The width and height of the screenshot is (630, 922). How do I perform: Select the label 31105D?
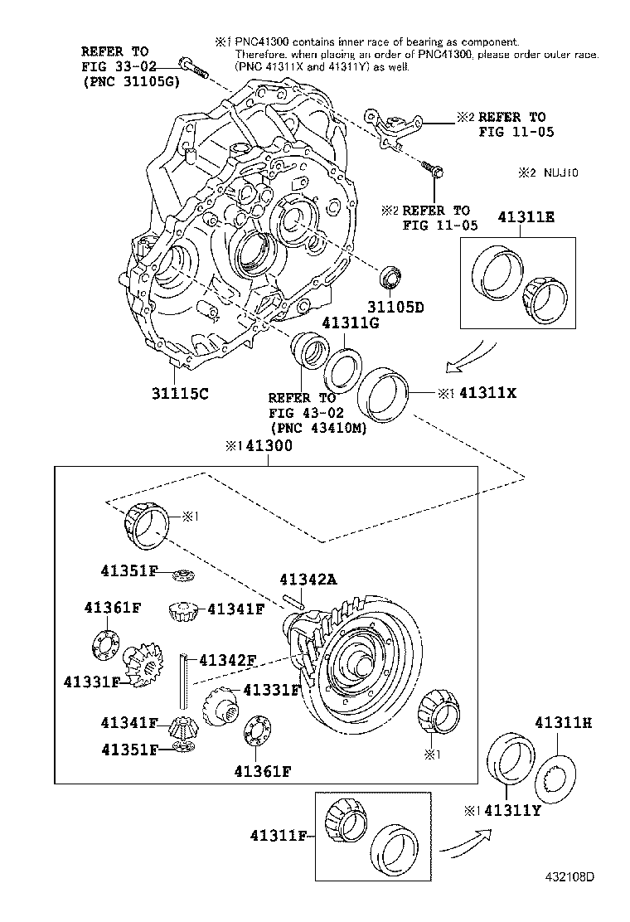[395, 306]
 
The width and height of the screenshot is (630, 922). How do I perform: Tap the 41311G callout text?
[351, 324]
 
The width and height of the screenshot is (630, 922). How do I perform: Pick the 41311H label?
[563, 723]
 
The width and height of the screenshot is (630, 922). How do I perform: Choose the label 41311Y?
[512, 810]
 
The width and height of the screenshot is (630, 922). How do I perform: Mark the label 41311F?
[278, 837]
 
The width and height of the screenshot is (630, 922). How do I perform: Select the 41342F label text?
[225, 659]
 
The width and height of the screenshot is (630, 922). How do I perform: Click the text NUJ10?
[560, 173]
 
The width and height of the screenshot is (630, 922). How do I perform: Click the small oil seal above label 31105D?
[391, 274]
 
